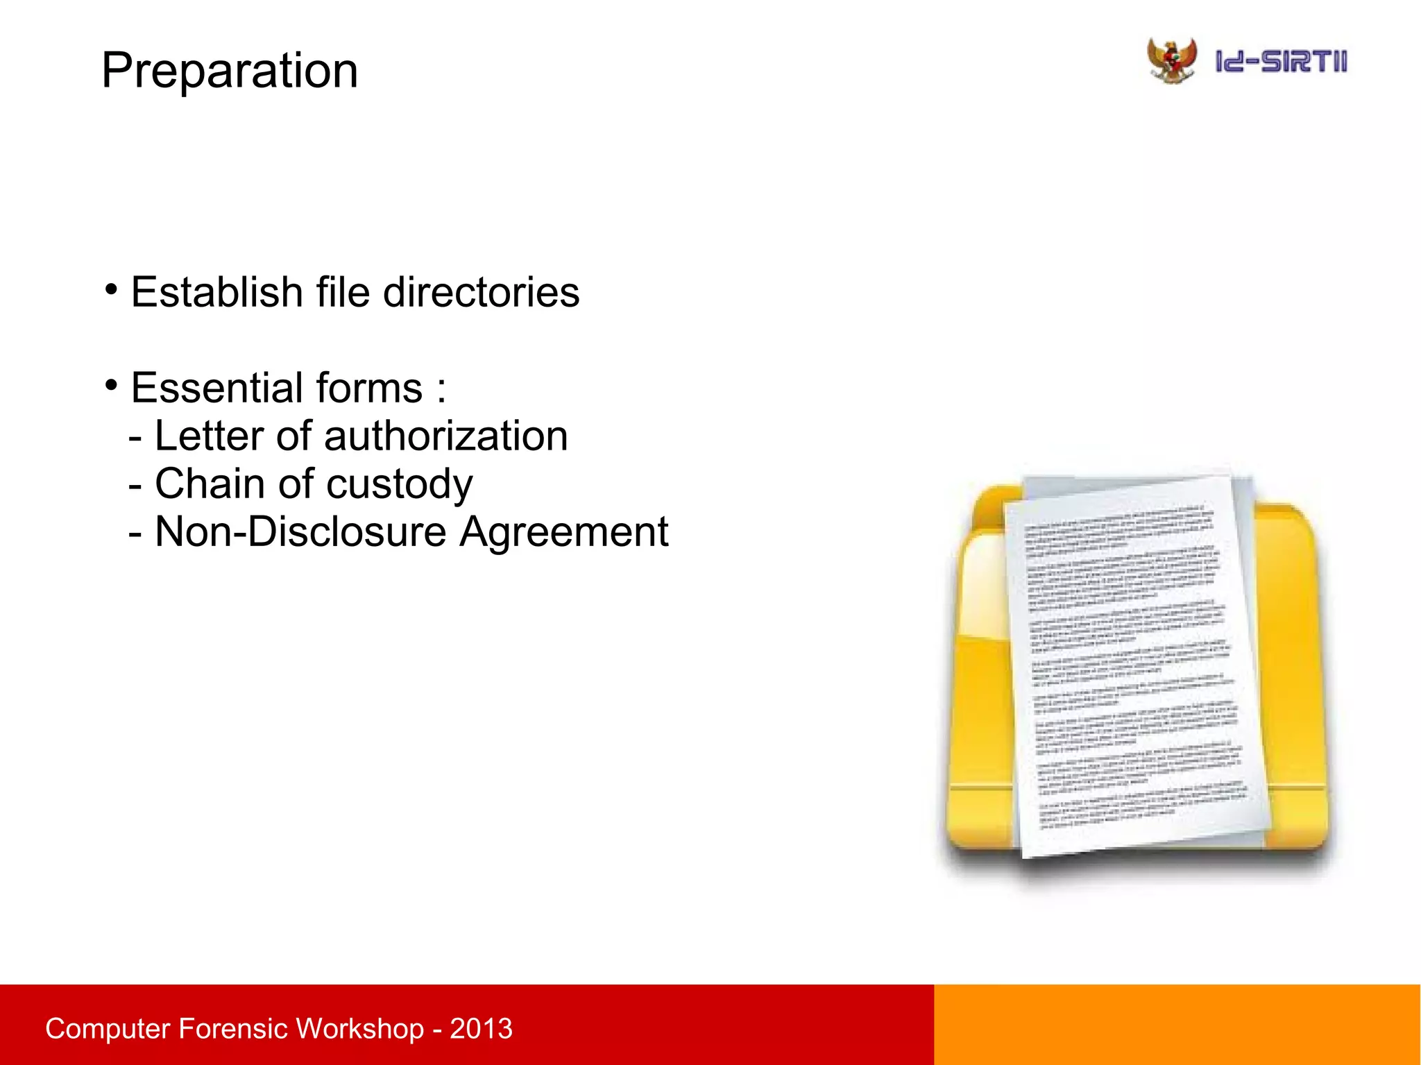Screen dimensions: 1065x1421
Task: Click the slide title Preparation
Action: pyautogui.click(x=230, y=71)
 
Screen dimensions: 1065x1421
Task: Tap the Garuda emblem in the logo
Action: pyautogui.click(x=1172, y=61)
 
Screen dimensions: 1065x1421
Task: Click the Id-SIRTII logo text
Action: pyautogui.click(x=1281, y=62)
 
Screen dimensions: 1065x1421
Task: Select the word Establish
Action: pyautogui.click(x=216, y=292)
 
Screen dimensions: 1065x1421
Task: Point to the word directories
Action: pyautogui.click(x=481, y=292)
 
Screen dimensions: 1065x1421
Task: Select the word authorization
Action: pyautogui.click(x=445, y=436)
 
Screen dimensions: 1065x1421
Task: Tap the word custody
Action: pyautogui.click(x=400, y=485)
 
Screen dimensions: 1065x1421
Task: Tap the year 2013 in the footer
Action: pyautogui.click(x=481, y=1028)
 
